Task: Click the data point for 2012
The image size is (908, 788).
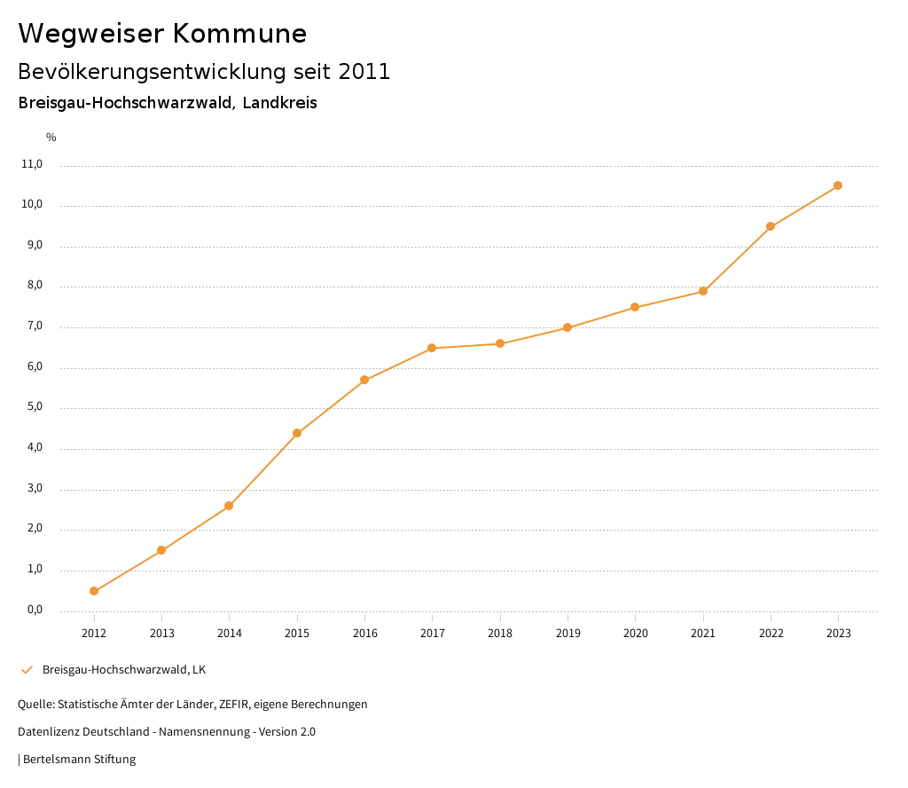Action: [x=94, y=591]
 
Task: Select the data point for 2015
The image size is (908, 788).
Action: [x=297, y=433]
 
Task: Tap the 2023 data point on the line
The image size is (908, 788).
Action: [x=838, y=185]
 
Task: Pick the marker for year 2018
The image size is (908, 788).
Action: [x=500, y=343]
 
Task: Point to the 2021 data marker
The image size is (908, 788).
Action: [x=703, y=291]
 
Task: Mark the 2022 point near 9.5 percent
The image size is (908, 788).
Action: [x=771, y=226]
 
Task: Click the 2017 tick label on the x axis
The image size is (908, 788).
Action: [x=433, y=633]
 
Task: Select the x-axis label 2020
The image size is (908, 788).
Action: [x=636, y=633]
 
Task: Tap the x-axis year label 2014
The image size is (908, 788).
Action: [x=230, y=633]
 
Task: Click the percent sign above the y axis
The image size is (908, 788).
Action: [x=51, y=138]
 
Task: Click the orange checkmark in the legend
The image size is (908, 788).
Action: [x=27, y=670]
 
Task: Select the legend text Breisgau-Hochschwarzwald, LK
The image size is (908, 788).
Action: [x=124, y=670]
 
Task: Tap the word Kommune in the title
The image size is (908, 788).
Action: [x=239, y=34]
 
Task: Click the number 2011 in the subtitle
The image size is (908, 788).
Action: [x=364, y=71]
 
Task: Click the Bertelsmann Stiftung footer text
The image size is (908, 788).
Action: [x=79, y=760]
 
